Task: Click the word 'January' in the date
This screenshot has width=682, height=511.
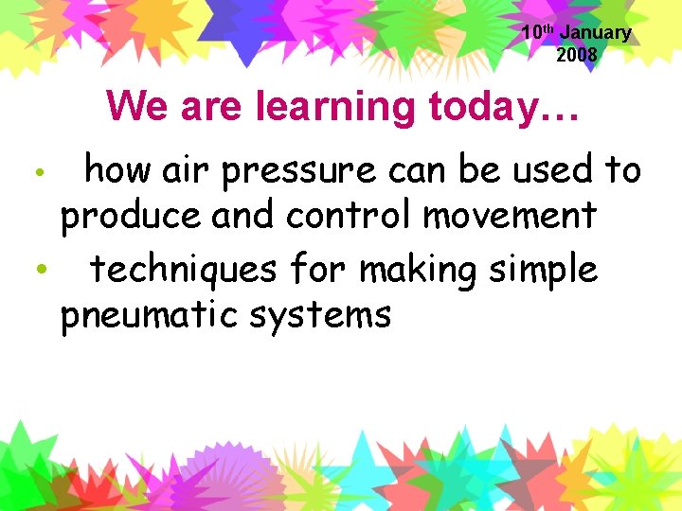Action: click(x=596, y=33)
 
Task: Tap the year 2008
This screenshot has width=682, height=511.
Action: click(x=577, y=55)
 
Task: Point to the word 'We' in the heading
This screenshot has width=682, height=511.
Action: click(x=135, y=106)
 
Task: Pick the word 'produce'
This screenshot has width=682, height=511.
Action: click(x=132, y=217)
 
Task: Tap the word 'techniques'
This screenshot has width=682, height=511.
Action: click(x=183, y=270)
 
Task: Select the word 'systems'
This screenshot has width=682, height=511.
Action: click(x=331, y=315)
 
